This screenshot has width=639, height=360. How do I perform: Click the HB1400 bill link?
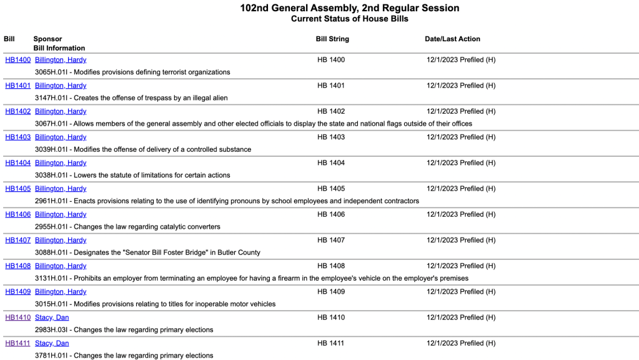pos(17,60)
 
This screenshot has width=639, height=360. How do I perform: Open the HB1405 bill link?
pos(17,189)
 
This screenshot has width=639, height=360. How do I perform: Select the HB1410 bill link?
pos(17,317)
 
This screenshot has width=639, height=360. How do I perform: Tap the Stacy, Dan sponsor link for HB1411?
pos(52,343)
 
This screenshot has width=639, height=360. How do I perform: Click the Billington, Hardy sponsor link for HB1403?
pos(61,137)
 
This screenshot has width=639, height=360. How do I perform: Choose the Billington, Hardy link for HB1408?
pos(61,266)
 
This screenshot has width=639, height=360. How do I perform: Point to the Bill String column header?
pos(332,39)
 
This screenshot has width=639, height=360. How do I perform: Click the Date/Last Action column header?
pos(452,39)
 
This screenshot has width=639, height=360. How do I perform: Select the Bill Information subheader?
pos(59,48)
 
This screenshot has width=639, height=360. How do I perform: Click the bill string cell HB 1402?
pos(331,111)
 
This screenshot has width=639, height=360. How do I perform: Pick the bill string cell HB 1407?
pos(331,240)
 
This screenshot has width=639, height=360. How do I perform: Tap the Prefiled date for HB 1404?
pos(461,163)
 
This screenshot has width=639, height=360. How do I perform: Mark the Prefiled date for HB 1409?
pos(461,292)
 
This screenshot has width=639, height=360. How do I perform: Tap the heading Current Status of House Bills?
pos(349,19)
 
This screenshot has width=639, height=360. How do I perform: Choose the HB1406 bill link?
pos(17,214)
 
